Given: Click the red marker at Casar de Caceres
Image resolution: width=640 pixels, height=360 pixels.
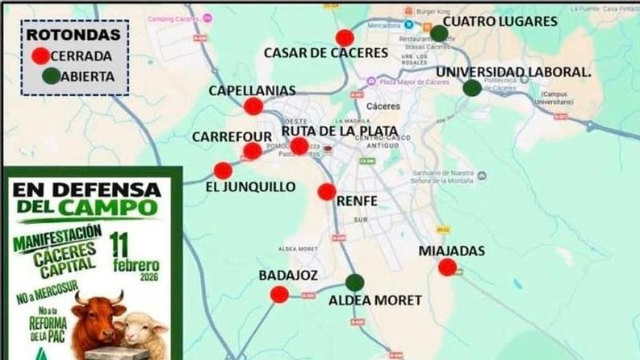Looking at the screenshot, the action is (x=345, y=38).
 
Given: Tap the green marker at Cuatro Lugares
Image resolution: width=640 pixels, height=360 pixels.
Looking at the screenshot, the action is (x=439, y=33).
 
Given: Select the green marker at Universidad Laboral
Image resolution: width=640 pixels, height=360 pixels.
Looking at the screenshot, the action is (x=472, y=88).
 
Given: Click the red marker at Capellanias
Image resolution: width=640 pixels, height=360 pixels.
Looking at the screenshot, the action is (x=253, y=106).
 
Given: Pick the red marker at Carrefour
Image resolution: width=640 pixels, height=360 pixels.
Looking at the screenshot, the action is (x=252, y=151).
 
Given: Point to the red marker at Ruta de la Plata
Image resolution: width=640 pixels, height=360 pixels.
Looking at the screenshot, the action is (x=299, y=146).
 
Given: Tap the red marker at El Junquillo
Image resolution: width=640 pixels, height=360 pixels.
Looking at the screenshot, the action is (x=223, y=170).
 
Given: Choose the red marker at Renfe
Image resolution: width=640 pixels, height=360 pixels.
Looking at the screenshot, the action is (x=327, y=192).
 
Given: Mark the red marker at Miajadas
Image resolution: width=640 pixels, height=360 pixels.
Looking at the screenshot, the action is (x=448, y=267).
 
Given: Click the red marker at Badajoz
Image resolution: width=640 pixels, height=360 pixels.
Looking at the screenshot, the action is (x=279, y=294).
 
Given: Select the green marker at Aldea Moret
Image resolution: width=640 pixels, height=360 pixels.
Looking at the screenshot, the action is (x=355, y=282).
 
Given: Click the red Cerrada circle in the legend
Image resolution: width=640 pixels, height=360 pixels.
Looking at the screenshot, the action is (x=41, y=55).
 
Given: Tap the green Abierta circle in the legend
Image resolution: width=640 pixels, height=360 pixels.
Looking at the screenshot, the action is (x=51, y=76).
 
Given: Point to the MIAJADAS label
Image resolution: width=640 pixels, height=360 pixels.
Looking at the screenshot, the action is (x=452, y=251).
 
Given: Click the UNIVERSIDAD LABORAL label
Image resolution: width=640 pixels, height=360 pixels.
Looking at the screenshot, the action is (x=513, y=71).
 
